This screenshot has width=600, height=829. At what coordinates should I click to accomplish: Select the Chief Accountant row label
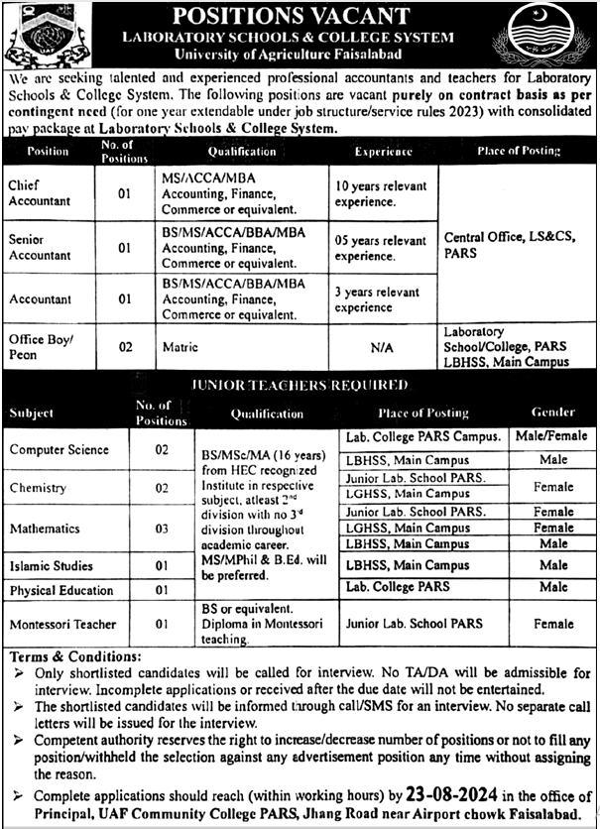38,193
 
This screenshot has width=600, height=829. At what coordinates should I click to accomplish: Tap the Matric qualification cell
180,347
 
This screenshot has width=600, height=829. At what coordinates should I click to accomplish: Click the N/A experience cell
383,348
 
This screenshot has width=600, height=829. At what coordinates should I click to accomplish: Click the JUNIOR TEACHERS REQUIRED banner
299,390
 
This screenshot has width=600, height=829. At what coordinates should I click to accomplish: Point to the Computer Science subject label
60,449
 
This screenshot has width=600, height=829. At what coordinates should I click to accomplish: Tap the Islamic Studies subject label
52,566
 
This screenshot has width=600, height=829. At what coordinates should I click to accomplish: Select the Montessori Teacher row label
62,625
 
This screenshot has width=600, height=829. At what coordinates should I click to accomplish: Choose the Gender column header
552,413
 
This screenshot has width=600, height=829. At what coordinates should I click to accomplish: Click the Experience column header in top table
383,152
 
